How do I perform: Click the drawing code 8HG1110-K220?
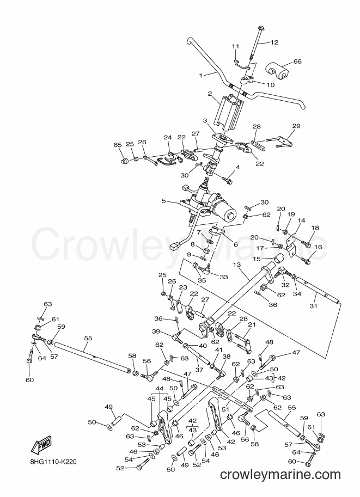(51, 462)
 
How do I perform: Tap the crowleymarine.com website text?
(280, 474)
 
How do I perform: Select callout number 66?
(297, 62)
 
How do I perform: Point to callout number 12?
(274, 42)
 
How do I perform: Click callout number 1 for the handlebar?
(200, 75)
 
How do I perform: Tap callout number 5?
(164, 201)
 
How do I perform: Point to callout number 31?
(313, 306)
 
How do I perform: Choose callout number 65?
(118, 145)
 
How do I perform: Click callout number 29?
(296, 126)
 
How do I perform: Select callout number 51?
(225, 409)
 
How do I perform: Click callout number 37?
(199, 370)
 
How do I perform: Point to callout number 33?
(224, 277)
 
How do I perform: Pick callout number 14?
(301, 220)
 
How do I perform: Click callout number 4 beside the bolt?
(237, 167)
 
